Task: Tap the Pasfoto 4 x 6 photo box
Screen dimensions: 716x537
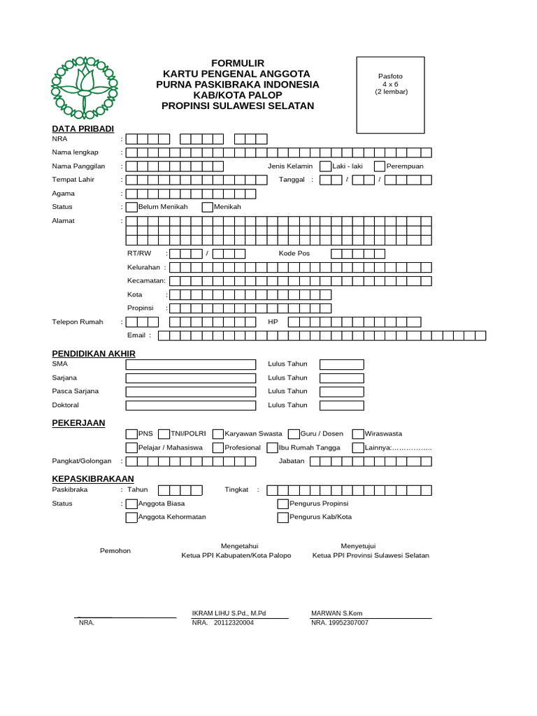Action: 390,95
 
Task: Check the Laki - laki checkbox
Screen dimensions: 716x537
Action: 325,166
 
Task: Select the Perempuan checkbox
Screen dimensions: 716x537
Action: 380,166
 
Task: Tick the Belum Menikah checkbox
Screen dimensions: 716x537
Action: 131,207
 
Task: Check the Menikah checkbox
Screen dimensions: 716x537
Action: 208,207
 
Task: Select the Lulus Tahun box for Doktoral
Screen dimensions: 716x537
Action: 342,406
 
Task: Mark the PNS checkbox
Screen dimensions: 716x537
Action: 131,434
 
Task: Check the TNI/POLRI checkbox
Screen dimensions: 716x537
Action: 165,434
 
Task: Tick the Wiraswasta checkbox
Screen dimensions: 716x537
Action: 359,434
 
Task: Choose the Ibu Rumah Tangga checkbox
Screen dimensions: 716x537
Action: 272,447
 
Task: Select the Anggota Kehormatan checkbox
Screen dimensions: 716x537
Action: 131,517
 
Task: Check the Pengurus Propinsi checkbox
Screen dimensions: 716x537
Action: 282,504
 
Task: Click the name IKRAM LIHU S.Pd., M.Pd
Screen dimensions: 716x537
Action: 229,613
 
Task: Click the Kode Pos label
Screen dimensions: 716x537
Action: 294,253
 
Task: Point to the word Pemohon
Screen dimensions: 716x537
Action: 115,551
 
